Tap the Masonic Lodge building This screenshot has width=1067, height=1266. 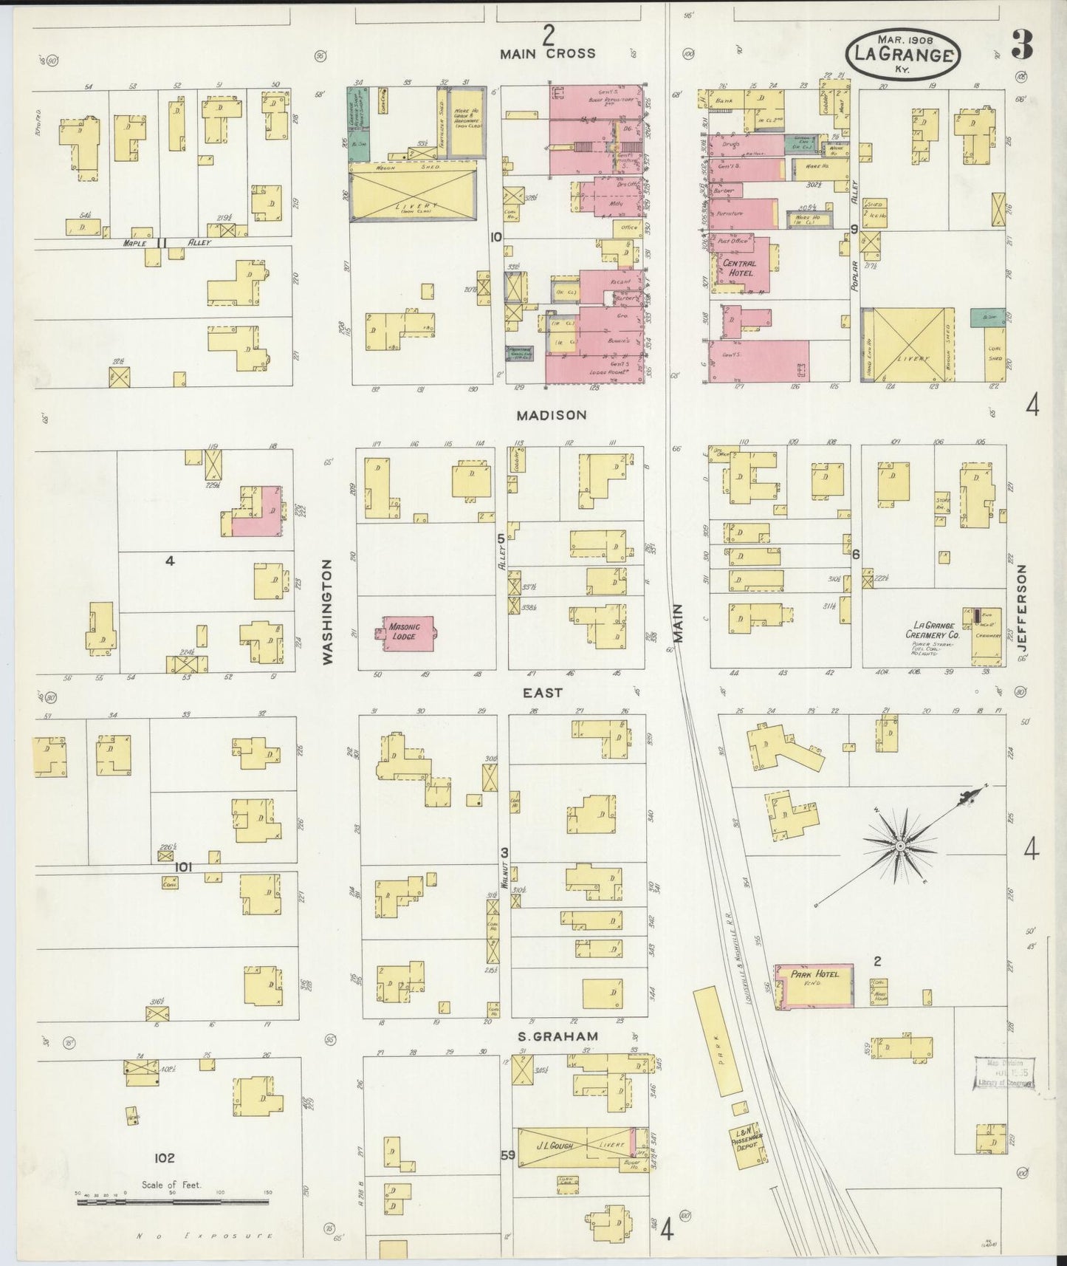point(407,633)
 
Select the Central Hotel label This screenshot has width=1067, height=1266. point(739,268)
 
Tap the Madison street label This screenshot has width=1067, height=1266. point(552,416)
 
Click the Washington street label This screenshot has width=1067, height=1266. point(328,611)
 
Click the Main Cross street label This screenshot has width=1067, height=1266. point(547,54)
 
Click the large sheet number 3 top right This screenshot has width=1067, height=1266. point(1021,46)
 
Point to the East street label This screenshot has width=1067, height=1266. point(543,693)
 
